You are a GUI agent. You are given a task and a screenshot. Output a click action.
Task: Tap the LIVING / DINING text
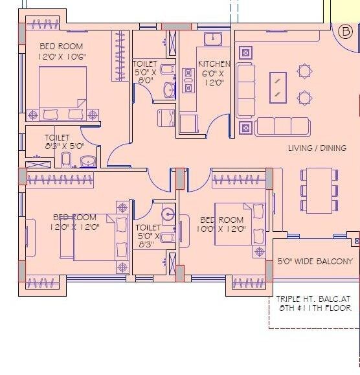(x=317, y=148)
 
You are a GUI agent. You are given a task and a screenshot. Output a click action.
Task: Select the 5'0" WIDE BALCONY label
(x=315, y=262)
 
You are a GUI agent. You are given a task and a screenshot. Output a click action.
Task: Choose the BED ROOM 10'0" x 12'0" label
(x=223, y=224)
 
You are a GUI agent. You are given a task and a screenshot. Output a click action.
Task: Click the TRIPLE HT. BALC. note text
(x=313, y=304)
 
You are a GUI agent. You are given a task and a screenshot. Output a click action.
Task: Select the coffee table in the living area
(x=278, y=87)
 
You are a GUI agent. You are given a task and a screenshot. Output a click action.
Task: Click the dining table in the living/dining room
(x=319, y=190)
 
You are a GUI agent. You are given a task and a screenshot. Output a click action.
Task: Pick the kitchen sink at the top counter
(x=212, y=39)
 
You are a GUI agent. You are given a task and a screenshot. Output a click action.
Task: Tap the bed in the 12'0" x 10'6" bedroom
(x=63, y=93)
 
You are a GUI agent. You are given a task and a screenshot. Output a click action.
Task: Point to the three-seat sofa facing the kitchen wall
(x=245, y=89)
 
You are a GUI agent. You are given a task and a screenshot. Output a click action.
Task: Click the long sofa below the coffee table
(x=282, y=127)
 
